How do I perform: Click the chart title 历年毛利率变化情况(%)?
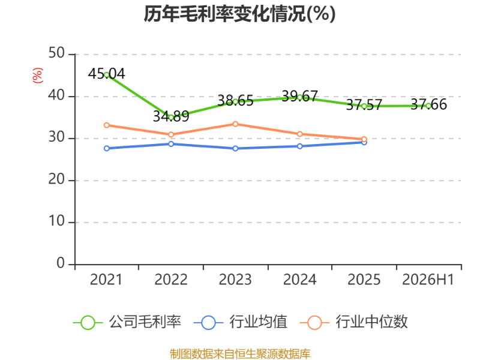[x=239, y=14]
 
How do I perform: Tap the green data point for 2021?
[x=107, y=74]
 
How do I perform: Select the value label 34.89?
[x=171, y=116]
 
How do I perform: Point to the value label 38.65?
[x=235, y=100]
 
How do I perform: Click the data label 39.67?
[x=299, y=96]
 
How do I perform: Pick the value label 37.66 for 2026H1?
[x=428, y=104]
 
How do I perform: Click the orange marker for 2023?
[x=235, y=124]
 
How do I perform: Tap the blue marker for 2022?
[x=171, y=144]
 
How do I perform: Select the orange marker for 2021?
[x=107, y=125]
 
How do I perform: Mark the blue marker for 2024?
[x=299, y=146]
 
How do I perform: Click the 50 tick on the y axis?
[x=56, y=53]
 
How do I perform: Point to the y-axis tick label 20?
[x=56, y=179]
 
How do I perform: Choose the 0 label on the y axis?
[x=61, y=263]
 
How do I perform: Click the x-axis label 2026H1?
[x=428, y=280]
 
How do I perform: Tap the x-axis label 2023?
[x=235, y=280]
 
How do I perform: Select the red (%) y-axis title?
[x=38, y=76]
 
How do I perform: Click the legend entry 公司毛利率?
[x=127, y=322]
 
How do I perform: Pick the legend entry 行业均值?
[x=241, y=322]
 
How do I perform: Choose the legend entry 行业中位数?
[x=354, y=322]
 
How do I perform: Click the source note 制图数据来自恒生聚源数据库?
[x=240, y=354]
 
